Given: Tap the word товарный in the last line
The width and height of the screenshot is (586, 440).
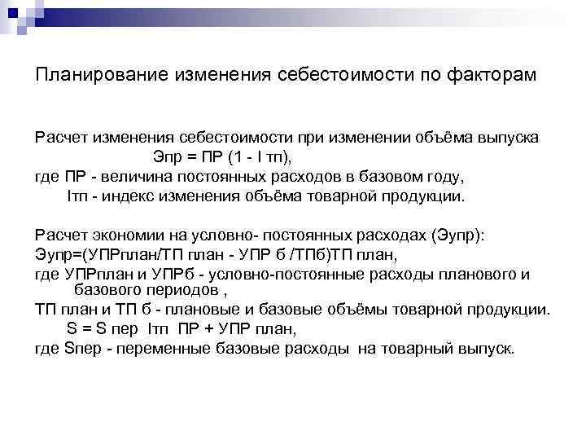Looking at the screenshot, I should tap(428, 349).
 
